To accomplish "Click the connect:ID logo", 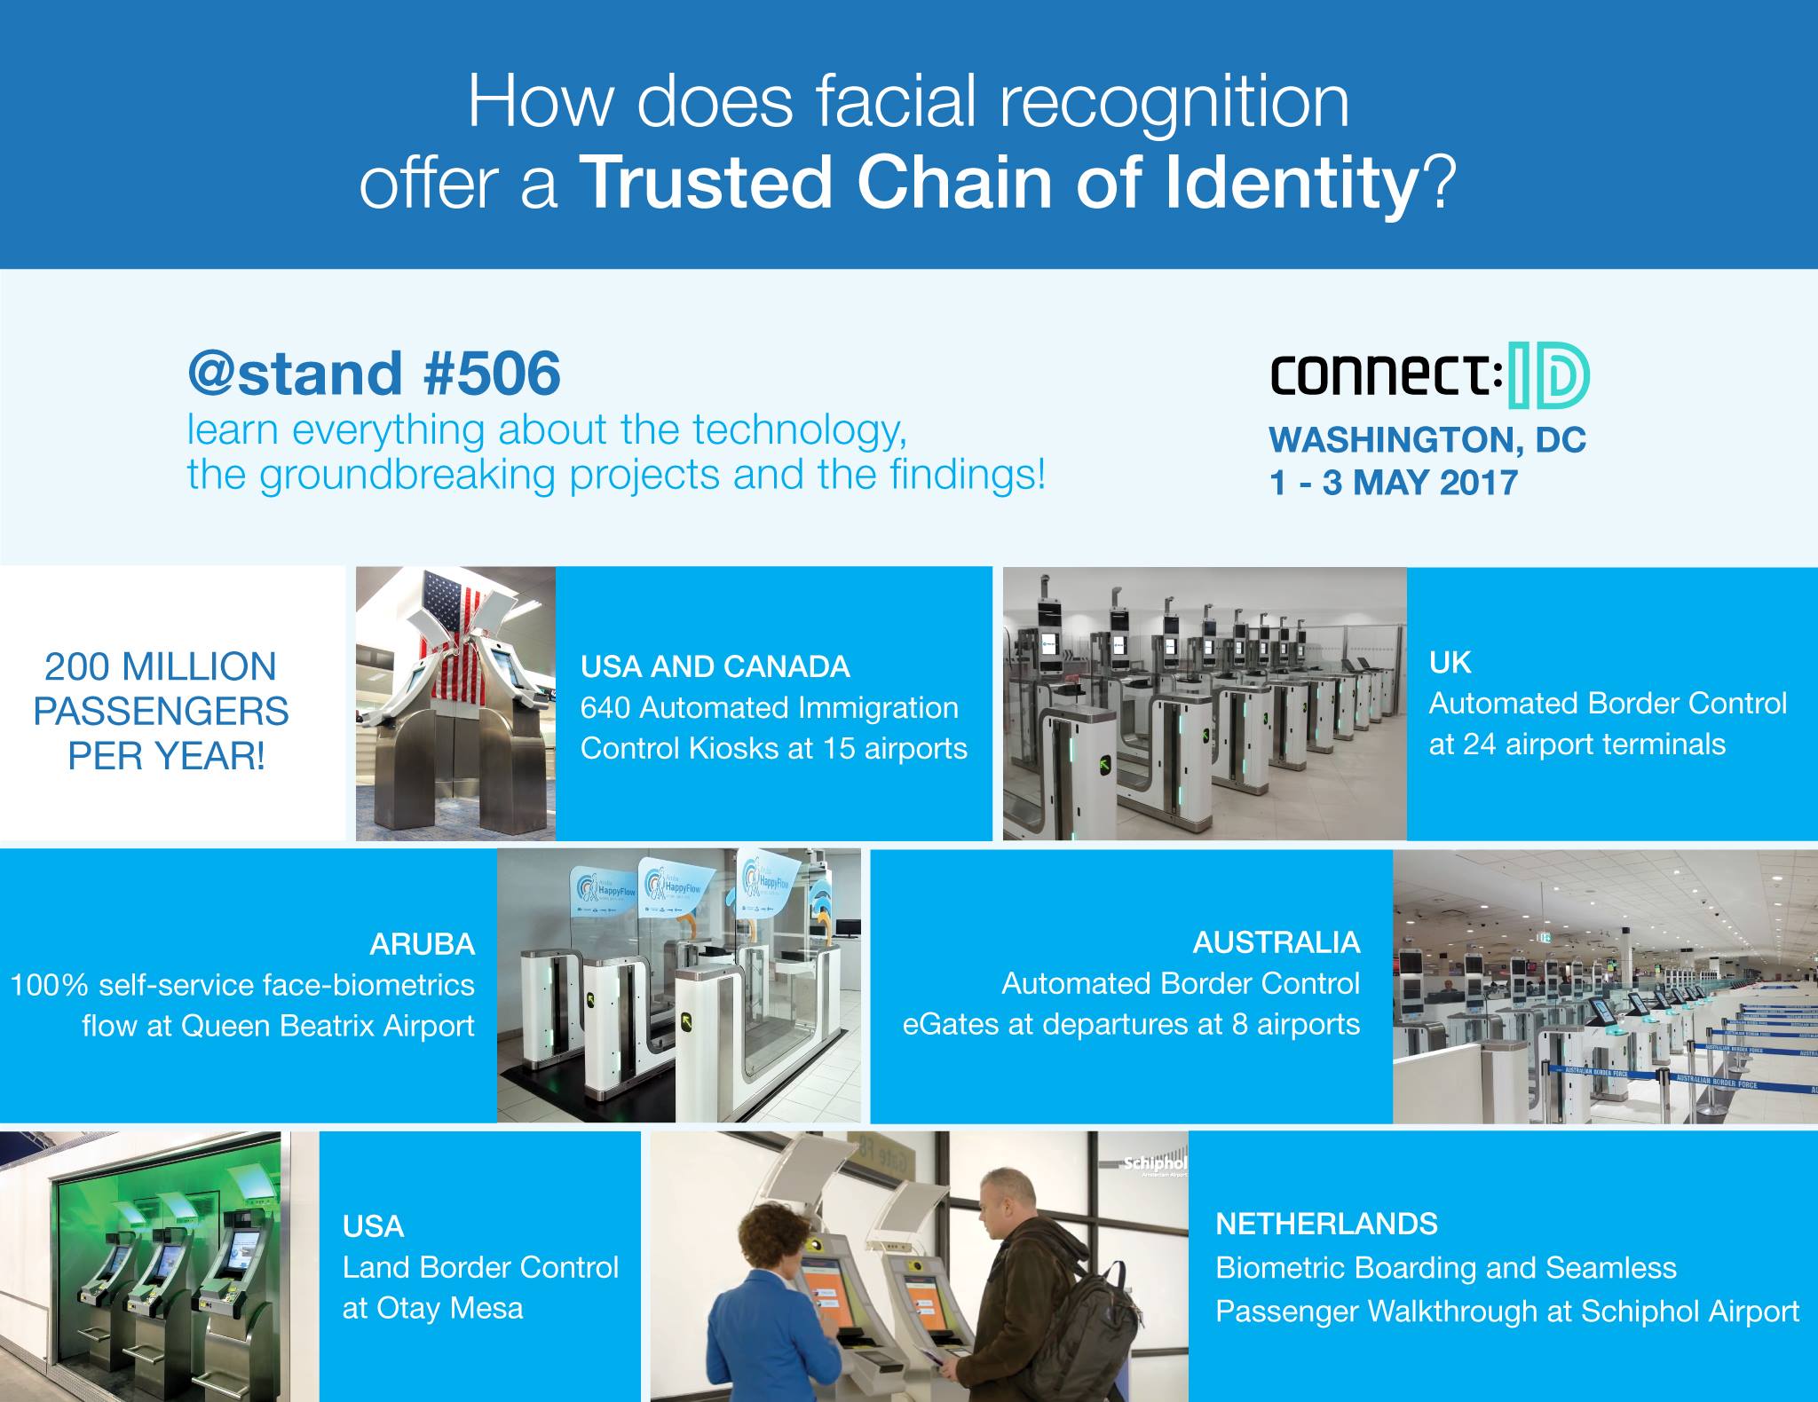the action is tap(1429, 382).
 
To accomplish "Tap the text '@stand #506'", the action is tap(374, 373).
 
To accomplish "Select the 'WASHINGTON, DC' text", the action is tap(1427, 440).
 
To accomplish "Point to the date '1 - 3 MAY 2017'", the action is tap(1394, 483).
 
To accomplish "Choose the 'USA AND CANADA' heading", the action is tap(715, 666).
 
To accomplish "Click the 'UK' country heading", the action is tap(1450, 662).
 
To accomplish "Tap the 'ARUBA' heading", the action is tap(422, 944).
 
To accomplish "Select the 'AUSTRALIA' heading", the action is tap(1276, 942).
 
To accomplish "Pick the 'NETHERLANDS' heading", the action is tap(1326, 1225).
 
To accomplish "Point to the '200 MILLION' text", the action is tap(161, 667).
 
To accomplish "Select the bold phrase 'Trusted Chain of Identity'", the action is tap(1002, 184).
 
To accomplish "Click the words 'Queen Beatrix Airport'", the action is tap(328, 1026).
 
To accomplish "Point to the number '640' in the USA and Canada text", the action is tap(605, 708).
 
